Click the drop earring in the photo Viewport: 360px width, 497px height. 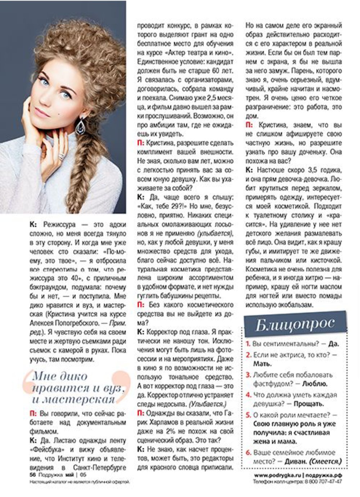(x=80, y=125)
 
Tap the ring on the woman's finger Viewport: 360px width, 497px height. (x=61, y=156)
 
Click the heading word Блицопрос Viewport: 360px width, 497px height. (x=295, y=324)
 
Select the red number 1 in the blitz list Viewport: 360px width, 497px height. (x=248, y=344)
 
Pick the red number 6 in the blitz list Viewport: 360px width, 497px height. (x=248, y=453)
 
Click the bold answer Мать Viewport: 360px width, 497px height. (x=262, y=364)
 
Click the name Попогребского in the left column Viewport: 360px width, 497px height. (x=75, y=323)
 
